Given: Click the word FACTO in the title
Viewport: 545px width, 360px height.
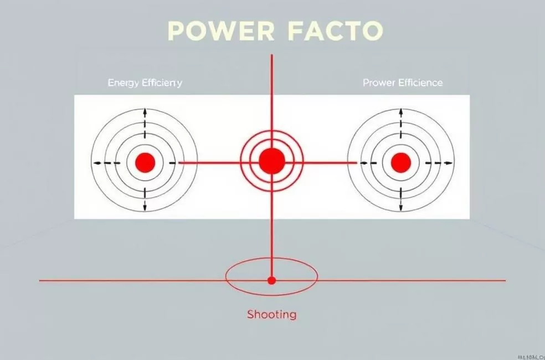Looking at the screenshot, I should click(336, 32).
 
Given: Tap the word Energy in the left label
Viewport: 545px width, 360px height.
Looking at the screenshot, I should click(124, 83).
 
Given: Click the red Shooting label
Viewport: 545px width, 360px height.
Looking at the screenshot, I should click(271, 315).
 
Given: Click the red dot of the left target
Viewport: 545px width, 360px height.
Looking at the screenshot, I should click(145, 162).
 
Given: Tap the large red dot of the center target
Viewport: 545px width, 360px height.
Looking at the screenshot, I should click(271, 161).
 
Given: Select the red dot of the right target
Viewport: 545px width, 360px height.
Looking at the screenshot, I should click(400, 162).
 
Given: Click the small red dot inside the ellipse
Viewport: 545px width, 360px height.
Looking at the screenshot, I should click(271, 280).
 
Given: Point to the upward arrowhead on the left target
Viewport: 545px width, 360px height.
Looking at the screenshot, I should click(145, 111).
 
